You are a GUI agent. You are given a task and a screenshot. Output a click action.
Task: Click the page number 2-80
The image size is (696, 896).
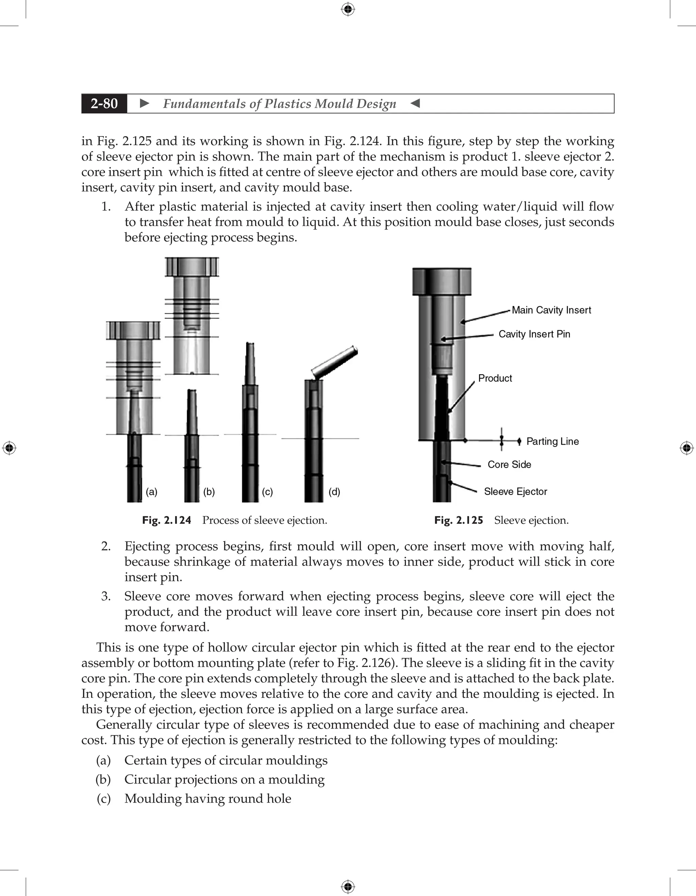click(x=104, y=103)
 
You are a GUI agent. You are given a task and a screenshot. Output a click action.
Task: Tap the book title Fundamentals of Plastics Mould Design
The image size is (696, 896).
click(x=279, y=104)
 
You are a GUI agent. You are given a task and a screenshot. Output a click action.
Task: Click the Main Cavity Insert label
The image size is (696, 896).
click(x=551, y=310)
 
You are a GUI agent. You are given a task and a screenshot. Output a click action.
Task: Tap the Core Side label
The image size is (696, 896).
click(x=509, y=464)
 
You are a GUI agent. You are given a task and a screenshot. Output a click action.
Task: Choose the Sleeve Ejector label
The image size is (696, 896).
click(x=515, y=492)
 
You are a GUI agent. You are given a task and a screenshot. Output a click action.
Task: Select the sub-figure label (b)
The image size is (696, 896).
click(x=209, y=492)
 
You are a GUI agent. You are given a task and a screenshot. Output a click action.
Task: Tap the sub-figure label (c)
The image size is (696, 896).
click(x=267, y=492)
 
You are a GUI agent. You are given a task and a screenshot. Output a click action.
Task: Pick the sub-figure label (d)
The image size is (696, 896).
click(x=334, y=492)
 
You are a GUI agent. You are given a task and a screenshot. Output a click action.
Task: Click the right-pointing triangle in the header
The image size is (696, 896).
click(x=144, y=103)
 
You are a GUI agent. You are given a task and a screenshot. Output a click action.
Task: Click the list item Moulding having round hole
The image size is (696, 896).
click(x=208, y=799)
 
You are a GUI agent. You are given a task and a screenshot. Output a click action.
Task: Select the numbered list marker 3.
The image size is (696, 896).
click(x=106, y=596)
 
